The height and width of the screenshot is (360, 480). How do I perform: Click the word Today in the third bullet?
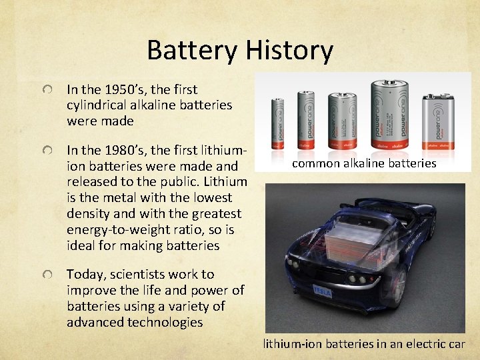point(85,274)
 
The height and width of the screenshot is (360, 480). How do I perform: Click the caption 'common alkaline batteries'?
point(364,163)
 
